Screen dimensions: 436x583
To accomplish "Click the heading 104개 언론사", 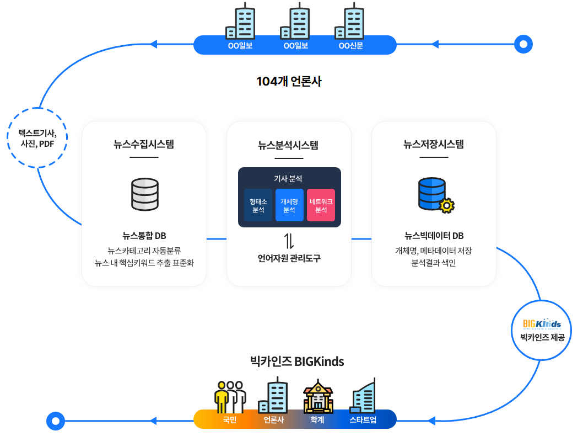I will coord(289,82).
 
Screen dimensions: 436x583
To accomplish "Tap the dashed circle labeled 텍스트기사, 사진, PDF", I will coord(37,137).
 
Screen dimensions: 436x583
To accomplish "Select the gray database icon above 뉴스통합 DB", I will coord(145,194).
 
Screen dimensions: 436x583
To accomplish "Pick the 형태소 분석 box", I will coord(258,205).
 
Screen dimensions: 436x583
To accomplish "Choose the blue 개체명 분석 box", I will coord(289,205).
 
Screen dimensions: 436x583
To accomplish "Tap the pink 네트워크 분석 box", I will coord(321,205).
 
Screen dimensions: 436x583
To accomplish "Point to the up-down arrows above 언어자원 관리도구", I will coord(289,241).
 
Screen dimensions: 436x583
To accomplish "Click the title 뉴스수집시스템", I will coord(144,145).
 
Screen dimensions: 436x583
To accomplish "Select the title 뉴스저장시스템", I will coord(434,145).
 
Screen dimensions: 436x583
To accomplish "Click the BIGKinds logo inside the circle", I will coord(542,323).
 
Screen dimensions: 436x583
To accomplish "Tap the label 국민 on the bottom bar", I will coord(229,420).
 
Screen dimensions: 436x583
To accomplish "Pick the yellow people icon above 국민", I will coord(229,396).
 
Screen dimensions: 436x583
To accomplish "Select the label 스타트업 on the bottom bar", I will coord(363,420).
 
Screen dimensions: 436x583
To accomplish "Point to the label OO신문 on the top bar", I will coord(351,45).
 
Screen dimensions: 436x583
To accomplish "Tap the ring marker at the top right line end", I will coord(523,44).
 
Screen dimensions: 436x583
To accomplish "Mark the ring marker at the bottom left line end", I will coord(55,421).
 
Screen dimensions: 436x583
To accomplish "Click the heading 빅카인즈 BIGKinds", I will coord(296,362).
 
